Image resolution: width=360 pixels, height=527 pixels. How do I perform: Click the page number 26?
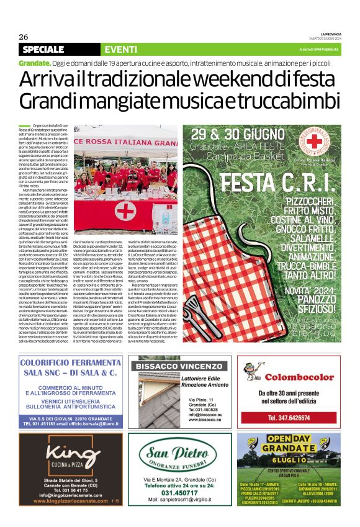(x=23, y=36)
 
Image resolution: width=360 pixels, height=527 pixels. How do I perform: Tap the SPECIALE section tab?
(x=43, y=49)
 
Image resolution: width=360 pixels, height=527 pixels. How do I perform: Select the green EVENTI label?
(x=117, y=49)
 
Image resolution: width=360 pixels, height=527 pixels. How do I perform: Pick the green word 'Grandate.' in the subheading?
(x=35, y=64)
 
